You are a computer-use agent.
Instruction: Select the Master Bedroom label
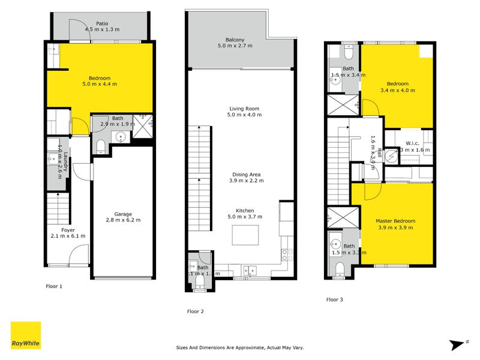[x=395, y=221]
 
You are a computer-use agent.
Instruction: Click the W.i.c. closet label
[x=412, y=143]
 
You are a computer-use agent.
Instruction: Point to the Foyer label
[x=68, y=230]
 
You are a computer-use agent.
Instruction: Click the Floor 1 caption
[x=55, y=286]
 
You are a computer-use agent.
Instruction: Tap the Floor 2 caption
[x=196, y=311]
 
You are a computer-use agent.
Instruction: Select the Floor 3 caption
[x=335, y=299]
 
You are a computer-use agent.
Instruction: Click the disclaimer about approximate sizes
[x=241, y=347]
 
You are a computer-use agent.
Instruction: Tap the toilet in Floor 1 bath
[x=101, y=146]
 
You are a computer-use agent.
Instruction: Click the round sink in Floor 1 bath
[x=121, y=137]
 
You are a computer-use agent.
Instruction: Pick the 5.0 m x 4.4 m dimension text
[x=100, y=84]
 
